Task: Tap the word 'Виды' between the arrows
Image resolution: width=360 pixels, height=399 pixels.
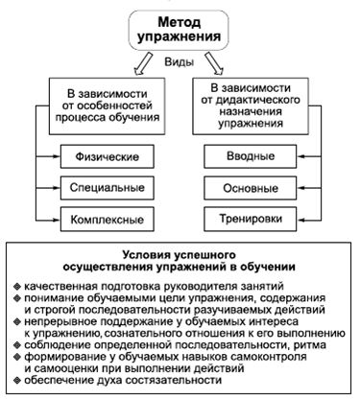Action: (180, 62)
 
